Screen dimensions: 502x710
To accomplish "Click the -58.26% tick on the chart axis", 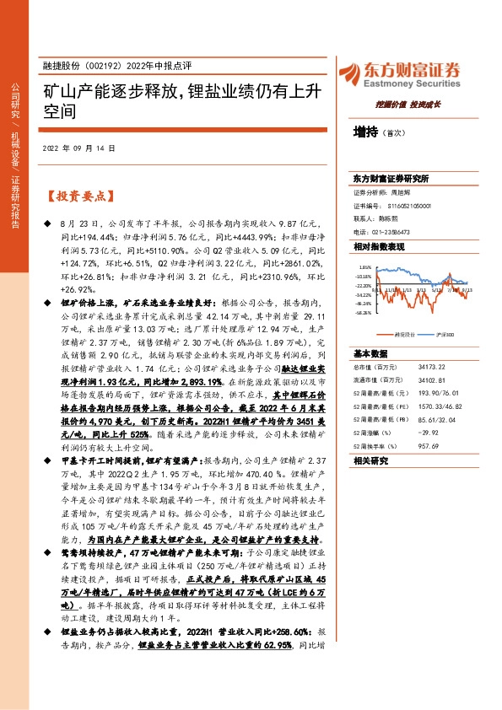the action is click(363, 311).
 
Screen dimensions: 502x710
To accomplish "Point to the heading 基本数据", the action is click(369, 352).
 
